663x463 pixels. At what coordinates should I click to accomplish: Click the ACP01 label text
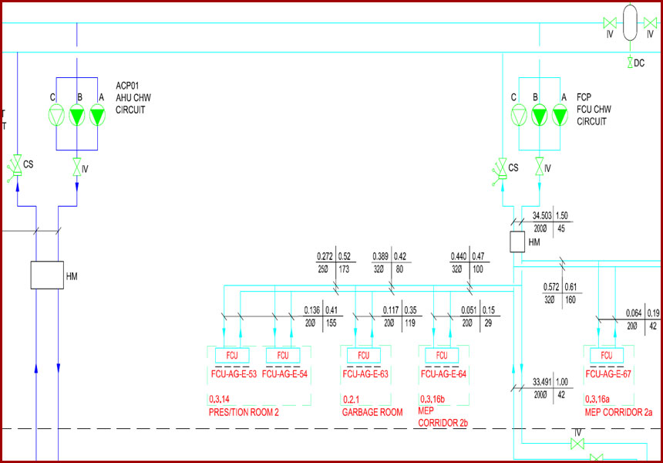127,86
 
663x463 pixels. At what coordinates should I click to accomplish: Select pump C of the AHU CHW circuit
56,116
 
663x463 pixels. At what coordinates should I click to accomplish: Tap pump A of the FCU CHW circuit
560,116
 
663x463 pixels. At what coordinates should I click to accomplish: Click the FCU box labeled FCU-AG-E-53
232,355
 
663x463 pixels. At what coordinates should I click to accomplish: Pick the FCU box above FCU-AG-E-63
364,355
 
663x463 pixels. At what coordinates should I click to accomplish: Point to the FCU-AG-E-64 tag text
443,374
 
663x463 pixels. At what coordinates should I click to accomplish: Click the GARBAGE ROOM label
372,412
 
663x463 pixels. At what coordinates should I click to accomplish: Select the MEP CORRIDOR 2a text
618,412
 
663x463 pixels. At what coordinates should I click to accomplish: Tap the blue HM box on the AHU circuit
47,275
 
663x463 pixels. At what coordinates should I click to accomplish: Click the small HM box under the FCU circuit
517,242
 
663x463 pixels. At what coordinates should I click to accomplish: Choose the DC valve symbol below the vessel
630,63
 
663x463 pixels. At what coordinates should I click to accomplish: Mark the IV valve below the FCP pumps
540,167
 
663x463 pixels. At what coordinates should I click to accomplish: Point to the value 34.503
542,216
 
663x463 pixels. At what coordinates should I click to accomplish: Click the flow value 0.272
325,256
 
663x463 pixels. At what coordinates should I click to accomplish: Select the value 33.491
542,382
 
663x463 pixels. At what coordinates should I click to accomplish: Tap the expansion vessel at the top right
630,22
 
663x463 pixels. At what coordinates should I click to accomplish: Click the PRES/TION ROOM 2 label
244,412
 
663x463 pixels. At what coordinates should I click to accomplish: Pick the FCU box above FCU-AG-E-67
607,355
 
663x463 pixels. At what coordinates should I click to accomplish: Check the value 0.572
551,287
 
